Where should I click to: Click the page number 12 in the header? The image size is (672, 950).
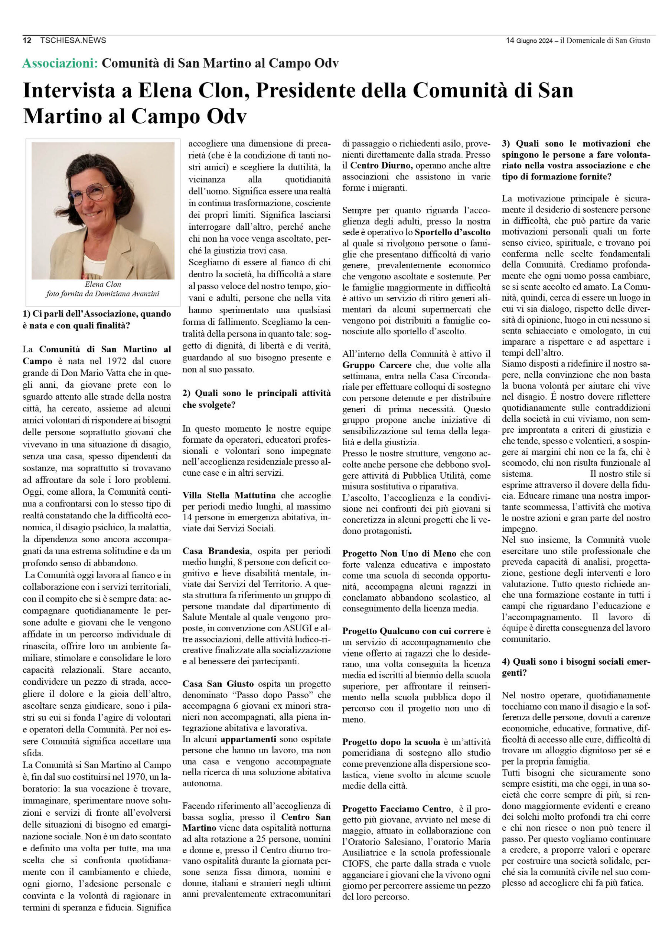pos(27,40)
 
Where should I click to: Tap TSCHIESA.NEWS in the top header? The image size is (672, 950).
pos(73,40)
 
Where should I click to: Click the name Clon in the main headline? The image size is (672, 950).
pos(224,91)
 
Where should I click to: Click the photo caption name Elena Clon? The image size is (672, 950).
pos(103,285)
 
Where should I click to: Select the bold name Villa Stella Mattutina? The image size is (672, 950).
pos(229,495)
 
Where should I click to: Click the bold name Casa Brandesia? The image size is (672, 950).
pos(216,551)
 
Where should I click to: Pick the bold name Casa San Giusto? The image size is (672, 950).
pos(218,684)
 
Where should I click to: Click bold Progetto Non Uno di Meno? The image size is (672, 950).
pos(399,554)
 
